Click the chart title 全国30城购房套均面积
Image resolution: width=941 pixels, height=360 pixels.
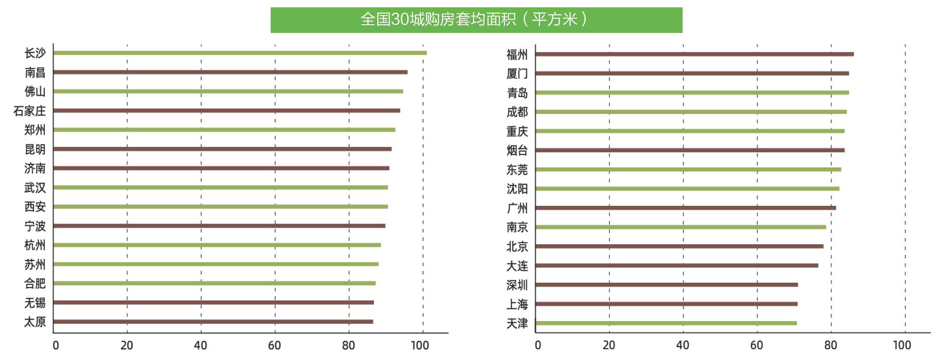(x=476, y=20)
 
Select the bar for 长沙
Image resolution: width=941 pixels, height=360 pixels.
(x=240, y=53)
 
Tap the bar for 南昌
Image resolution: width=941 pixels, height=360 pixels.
(x=230, y=72)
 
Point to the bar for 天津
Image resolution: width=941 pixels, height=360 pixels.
(x=666, y=323)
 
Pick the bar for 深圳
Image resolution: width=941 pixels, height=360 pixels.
(x=666, y=285)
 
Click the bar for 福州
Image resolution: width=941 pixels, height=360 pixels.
(x=694, y=54)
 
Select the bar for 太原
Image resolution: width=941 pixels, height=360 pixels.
(x=213, y=322)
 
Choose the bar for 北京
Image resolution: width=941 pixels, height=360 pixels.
(x=679, y=246)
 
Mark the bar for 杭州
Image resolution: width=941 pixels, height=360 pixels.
(x=217, y=245)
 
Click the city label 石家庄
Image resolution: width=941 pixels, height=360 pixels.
(x=30, y=111)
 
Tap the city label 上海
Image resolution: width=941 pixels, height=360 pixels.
(x=517, y=304)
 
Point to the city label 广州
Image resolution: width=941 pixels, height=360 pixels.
(x=517, y=208)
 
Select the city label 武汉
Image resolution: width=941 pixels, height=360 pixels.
(x=35, y=188)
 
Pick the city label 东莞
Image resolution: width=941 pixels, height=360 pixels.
(x=517, y=170)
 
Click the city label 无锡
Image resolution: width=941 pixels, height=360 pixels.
(x=35, y=303)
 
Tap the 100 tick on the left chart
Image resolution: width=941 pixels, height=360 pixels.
(x=420, y=345)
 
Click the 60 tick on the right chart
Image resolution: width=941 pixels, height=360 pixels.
(x=756, y=345)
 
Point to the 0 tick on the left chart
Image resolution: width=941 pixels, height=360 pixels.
(x=56, y=345)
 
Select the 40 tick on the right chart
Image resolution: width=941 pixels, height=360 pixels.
(x=682, y=345)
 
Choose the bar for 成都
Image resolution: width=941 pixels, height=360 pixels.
(x=690, y=112)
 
